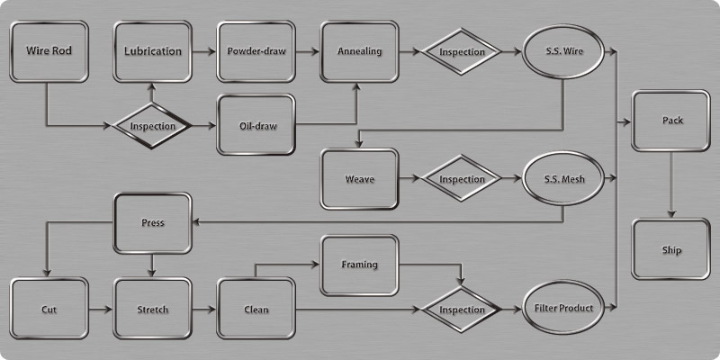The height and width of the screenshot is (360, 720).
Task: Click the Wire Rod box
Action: (49, 51)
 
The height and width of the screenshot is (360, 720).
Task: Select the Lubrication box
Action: (152, 51)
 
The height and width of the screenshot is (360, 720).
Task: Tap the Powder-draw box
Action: (256, 51)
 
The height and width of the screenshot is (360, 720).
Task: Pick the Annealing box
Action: (359, 51)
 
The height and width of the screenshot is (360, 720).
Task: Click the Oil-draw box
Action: (256, 124)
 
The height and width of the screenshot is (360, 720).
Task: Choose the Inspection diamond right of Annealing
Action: (462, 51)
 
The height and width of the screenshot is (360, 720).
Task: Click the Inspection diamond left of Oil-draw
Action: (152, 125)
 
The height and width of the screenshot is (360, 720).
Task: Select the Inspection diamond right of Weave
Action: (462, 179)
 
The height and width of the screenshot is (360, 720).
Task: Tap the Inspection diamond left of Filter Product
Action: (462, 310)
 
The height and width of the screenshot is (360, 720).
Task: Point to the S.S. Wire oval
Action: (563, 51)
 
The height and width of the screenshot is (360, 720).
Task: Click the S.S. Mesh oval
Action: (563, 179)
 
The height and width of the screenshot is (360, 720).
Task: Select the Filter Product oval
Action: (563, 310)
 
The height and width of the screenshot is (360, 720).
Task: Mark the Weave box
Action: (359, 179)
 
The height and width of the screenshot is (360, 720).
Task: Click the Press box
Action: (152, 222)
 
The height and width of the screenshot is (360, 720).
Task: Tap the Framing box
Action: (359, 265)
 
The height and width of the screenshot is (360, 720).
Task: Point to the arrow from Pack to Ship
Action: (671, 184)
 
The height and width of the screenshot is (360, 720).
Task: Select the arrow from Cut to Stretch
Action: (100, 310)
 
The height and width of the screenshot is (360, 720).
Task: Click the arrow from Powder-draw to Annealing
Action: (308, 51)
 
